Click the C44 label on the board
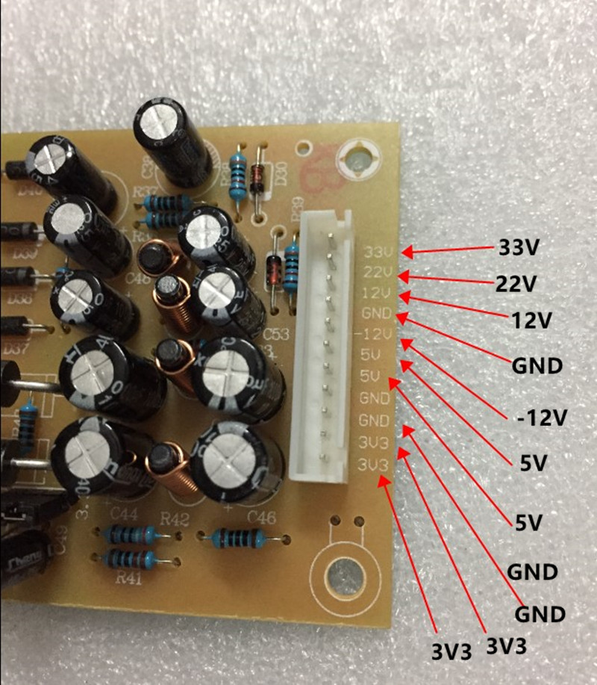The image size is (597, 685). [124, 515]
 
